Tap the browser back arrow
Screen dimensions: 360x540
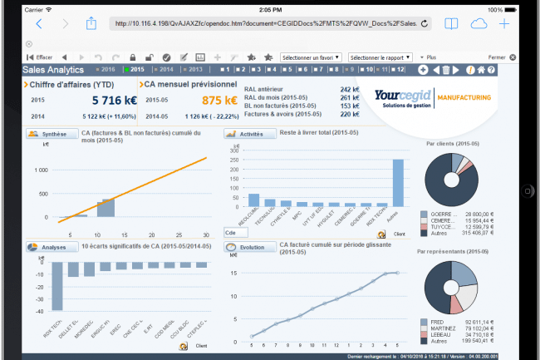[39, 24]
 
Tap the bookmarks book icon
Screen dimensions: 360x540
[451, 24]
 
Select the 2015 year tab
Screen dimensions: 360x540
[136, 70]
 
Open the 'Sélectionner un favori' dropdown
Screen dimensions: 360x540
[309, 57]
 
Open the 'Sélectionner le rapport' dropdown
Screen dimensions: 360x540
[378, 57]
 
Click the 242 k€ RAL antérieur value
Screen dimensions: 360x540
[349, 87]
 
